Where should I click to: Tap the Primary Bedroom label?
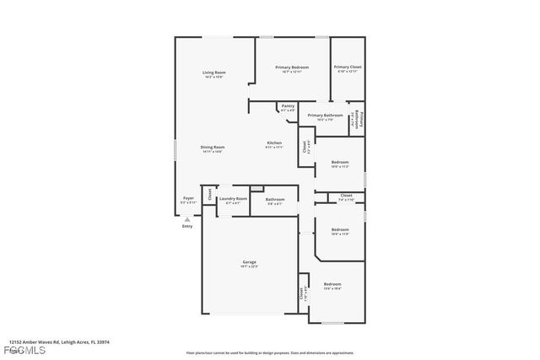click(291, 67)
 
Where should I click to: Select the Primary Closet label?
click(347, 67)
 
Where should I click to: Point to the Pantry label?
click(288, 106)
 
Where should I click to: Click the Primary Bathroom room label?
click(325, 116)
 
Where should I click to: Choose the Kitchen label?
click(274, 143)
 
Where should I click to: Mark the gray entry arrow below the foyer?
click(187, 218)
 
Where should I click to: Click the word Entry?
click(187, 225)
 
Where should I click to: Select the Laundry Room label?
click(233, 199)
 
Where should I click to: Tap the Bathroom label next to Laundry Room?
click(275, 199)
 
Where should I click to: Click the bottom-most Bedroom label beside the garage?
click(332, 285)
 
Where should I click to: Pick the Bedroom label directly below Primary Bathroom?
click(340, 162)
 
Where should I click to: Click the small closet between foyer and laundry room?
click(210, 196)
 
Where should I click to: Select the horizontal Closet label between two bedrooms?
click(346, 196)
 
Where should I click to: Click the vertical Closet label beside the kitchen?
click(304, 146)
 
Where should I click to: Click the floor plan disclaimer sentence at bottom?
click(281, 352)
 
